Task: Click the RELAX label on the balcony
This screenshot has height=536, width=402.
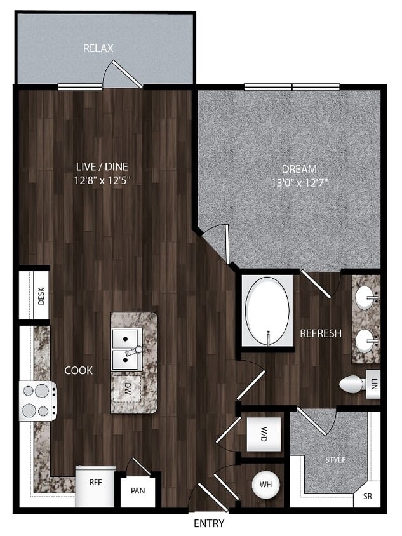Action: tap(98, 48)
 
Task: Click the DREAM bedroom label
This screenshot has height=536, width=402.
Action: tap(299, 169)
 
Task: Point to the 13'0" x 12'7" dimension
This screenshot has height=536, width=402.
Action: tap(299, 183)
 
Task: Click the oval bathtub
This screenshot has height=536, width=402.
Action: tap(267, 311)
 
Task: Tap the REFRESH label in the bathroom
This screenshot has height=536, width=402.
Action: tap(321, 333)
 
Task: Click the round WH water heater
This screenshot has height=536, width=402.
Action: tap(266, 485)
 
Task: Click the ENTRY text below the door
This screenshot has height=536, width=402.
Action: tap(209, 524)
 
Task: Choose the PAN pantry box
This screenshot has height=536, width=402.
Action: tap(138, 491)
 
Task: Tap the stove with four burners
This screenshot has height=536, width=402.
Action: tap(37, 401)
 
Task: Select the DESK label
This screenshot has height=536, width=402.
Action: tap(41, 296)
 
